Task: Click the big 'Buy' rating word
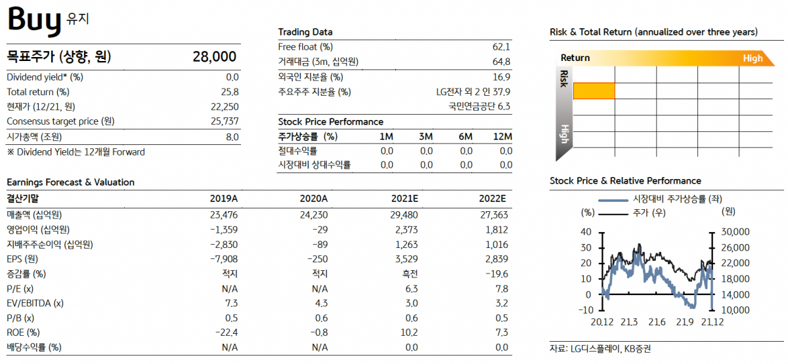pos(34,20)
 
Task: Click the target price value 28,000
pos(214,57)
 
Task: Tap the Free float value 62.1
pos(501,47)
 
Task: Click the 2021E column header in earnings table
pos(404,199)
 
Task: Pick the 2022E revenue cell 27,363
pos(493,214)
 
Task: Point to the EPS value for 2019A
pos(223,258)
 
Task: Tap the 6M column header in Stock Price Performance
pos(466,136)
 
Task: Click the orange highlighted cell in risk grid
pos(594,91)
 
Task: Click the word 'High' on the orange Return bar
pos(753,58)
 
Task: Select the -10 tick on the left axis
pos(586,310)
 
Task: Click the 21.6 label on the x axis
pos(657,322)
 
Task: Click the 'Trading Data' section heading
pos(305,31)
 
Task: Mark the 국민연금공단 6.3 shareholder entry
pos(479,106)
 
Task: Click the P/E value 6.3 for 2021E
pos(411,289)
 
